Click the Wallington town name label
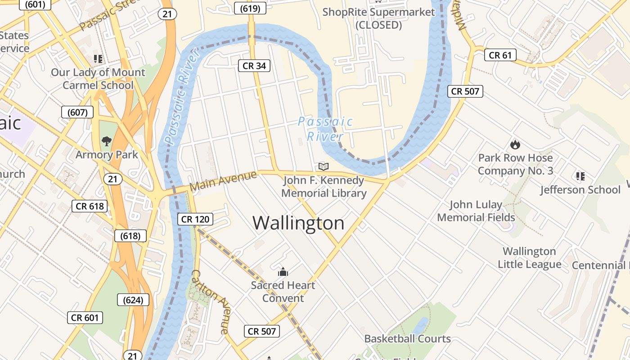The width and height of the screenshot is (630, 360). [x=298, y=223]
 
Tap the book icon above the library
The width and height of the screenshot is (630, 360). [x=323, y=166]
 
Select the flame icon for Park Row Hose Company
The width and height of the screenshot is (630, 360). [x=515, y=144]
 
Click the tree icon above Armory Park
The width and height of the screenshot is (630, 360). [x=106, y=141]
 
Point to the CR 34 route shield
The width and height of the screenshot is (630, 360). [x=254, y=66]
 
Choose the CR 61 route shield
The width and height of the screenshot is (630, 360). [x=500, y=55]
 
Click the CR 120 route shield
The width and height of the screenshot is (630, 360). [x=195, y=219]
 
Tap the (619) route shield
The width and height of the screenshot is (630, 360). [x=251, y=8]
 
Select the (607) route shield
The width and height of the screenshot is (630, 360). [x=77, y=112]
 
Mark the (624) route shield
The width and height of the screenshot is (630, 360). [x=133, y=300]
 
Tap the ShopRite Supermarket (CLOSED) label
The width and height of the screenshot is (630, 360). [x=378, y=18]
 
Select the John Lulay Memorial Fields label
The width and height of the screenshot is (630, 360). [x=476, y=211]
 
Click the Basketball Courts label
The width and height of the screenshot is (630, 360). [x=407, y=338]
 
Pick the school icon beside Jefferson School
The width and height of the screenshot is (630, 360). [x=580, y=176]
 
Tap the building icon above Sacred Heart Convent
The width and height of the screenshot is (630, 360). [x=283, y=272]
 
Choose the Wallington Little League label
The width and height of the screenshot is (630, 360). [x=529, y=257]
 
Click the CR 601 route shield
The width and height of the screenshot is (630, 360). [x=85, y=318]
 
